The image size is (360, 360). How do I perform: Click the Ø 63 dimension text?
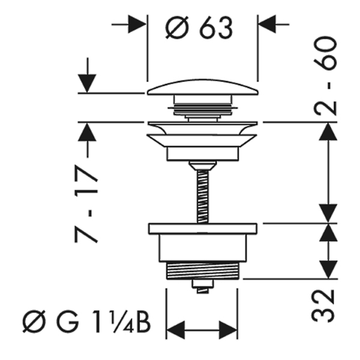pyautogui.click(x=199, y=28)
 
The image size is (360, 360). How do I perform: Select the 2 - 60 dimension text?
pyautogui.click(x=325, y=76)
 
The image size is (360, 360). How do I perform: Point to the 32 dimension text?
pyautogui.click(x=323, y=306)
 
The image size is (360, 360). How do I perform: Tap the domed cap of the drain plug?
pyautogui.click(x=203, y=88)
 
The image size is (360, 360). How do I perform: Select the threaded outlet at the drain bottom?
pyautogui.click(x=203, y=271)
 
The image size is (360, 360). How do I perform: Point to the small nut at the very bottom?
pyautogui.click(x=203, y=286)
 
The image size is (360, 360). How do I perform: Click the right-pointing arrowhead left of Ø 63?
pyautogui.click(x=137, y=24)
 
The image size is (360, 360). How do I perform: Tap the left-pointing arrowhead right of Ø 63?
pyautogui.click(x=267, y=24)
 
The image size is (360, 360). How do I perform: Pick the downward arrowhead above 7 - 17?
pyautogui.click(x=87, y=83)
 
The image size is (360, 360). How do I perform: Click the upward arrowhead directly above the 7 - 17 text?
pyautogui.click(x=87, y=132)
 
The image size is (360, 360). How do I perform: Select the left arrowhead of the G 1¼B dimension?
pyautogui.click(x=175, y=331)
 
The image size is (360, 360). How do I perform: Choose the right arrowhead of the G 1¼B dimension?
pyautogui.click(x=228, y=331)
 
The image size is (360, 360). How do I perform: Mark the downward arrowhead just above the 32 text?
pyautogui.click(x=329, y=269)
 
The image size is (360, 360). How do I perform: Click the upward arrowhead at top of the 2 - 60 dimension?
pyautogui.click(x=329, y=131)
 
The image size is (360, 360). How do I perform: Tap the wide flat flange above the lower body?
pyautogui.click(x=203, y=229)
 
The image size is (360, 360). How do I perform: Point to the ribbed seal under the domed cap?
pyautogui.click(x=203, y=109)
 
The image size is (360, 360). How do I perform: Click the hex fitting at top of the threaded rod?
pyautogui.click(x=203, y=166)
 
